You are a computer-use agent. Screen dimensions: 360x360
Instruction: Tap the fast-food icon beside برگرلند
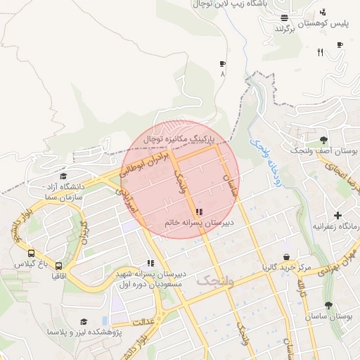pos(284,18)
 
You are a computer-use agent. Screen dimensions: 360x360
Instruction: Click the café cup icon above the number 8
pos(223,63)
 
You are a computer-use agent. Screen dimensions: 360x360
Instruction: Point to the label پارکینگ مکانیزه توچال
pos(176,140)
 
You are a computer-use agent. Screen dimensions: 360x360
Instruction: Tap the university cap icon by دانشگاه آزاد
pos(64,176)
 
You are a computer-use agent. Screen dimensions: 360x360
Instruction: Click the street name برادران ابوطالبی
pos(144,165)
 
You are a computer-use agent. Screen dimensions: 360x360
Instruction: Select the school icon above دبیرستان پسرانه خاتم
pos(200,211)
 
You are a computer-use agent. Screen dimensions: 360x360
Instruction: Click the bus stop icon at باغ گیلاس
pos(31,253)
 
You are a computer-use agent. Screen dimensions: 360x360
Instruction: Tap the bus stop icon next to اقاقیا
pos(58,266)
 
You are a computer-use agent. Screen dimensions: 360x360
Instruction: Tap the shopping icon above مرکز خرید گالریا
pos(286,257)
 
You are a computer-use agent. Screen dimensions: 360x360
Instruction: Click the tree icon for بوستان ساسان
pos(328,305)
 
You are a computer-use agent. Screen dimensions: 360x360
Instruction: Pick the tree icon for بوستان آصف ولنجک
pos(323,140)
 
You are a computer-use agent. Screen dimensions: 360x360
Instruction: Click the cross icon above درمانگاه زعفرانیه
pos(338,214)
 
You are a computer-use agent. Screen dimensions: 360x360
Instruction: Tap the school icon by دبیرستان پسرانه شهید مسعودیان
pos(150,263)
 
